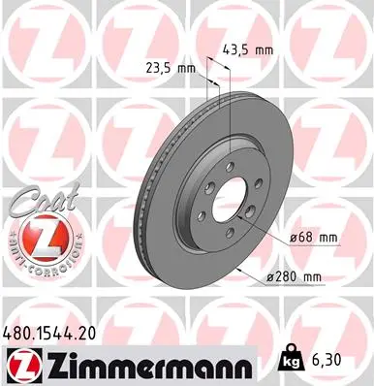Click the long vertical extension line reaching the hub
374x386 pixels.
click(232, 116)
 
